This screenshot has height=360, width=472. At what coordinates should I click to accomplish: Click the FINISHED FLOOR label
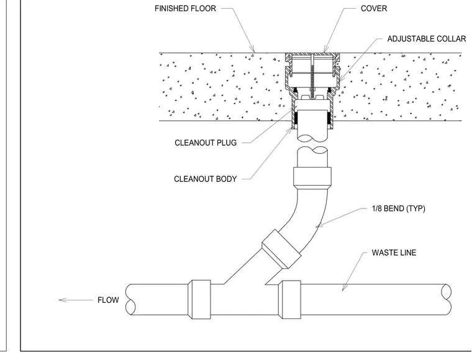[x=185, y=9]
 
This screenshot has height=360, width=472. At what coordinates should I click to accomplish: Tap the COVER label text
[x=374, y=9]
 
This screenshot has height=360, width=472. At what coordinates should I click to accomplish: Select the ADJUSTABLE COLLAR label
[x=427, y=39]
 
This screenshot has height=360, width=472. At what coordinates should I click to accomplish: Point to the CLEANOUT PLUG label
[x=206, y=143]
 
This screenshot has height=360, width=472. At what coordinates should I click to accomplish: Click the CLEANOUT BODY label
[x=206, y=179]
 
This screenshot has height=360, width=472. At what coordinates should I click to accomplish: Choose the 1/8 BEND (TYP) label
[x=399, y=209]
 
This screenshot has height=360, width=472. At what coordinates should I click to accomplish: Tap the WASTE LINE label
[x=394, y=253]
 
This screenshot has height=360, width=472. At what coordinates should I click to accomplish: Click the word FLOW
[x=108, y=300]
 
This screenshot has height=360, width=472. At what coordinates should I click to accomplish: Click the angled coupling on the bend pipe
[x=281, y=249]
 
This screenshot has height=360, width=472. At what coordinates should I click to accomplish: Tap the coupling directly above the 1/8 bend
[x=312, y=178]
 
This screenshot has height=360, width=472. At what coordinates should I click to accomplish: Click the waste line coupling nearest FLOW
[x=199, y=299]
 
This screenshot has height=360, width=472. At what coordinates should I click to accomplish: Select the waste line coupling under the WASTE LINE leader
[x=289, y=299]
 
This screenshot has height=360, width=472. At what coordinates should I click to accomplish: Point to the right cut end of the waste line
[x=447, y=300]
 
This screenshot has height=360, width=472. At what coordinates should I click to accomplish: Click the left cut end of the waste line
[x=130, y=300]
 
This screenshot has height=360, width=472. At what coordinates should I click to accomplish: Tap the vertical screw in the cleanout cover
[x=313, y=75]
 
